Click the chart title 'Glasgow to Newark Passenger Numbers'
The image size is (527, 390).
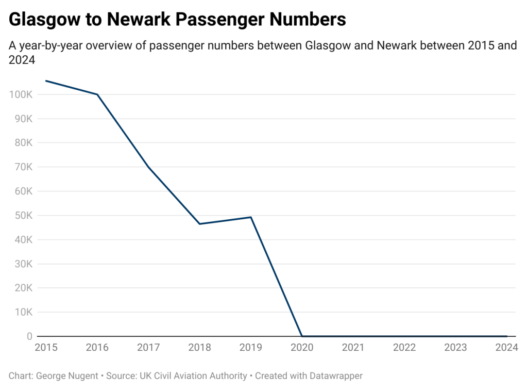177,19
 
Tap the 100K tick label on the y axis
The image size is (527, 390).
21,95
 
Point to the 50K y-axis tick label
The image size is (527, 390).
23,216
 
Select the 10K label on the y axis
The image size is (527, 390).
23,312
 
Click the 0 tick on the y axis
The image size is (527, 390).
30,336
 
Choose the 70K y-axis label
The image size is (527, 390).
23,167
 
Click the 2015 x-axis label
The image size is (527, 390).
46,348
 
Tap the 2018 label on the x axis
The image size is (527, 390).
199,348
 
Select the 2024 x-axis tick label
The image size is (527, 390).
506,348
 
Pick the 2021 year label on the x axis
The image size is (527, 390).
353,348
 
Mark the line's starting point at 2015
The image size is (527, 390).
46,80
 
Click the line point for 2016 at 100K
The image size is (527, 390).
97,94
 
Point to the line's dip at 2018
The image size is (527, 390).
199,224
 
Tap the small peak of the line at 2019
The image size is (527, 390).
251,217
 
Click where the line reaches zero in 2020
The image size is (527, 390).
302,336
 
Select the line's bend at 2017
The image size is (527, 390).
148,167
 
